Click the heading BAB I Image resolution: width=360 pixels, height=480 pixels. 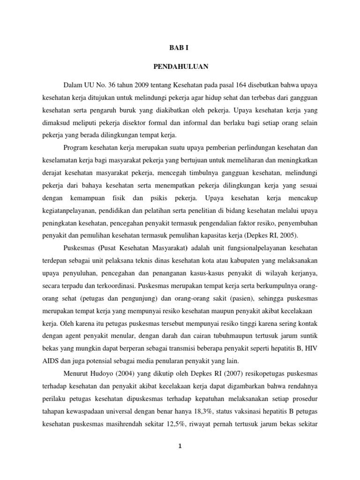coord(180,47)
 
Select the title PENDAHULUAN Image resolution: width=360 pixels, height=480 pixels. coord(180,67)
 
